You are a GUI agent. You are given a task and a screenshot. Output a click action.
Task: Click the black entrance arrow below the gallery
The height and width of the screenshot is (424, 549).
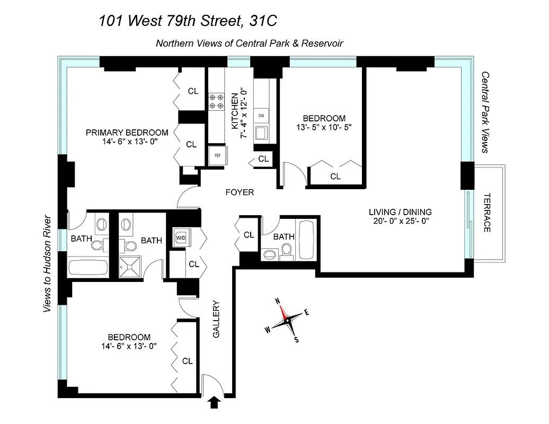coord(215,403)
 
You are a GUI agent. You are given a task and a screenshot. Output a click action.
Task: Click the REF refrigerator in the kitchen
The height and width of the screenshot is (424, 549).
coord(217,155)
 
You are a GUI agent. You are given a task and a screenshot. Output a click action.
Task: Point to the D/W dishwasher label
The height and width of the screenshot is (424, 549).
coord(261,116)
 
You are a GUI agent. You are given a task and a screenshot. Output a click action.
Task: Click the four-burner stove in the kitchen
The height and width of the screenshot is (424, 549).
coord(216,101)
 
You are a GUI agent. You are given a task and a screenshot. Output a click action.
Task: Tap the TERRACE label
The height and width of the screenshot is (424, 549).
coord(487,212)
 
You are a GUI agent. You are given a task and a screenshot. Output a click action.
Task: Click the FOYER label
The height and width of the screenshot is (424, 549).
coord(240,192)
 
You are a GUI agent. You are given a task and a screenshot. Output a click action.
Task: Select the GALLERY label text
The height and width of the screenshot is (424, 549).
coord(216,320)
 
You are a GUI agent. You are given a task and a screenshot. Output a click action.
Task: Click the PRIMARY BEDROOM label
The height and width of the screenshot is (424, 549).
coord(127,132)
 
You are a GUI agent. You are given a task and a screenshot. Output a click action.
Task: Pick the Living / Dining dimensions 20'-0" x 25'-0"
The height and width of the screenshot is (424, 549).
coord(400,222)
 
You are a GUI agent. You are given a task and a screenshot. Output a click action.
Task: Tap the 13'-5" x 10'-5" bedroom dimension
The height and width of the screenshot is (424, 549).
coord(324,127)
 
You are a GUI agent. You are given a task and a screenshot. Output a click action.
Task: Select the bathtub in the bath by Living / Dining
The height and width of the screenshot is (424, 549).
coord(307,241)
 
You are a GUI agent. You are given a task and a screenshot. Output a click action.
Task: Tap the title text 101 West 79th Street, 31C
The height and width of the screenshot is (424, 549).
coord(188,21)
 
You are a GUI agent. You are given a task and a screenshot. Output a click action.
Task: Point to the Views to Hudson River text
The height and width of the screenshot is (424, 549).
coord(47,263)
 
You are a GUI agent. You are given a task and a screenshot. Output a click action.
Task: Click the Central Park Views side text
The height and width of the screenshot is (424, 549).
coord(484,112)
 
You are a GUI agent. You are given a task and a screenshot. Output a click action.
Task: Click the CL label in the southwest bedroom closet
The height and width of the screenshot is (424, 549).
coord(187,361)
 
